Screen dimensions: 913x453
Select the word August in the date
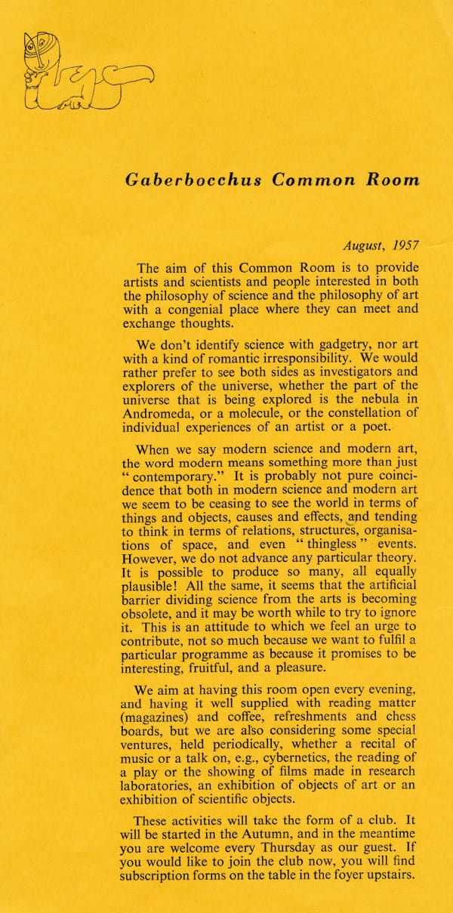[x=365, y=245]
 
